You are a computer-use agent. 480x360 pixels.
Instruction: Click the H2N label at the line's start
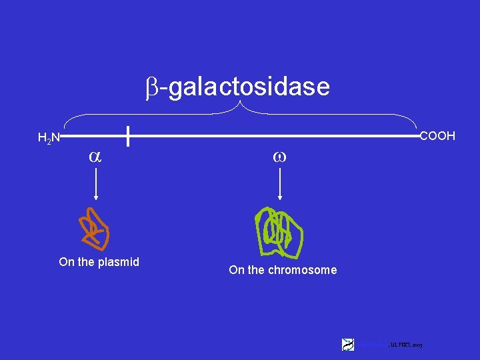[x=49, y=139]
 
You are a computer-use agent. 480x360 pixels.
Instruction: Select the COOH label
[x=437, y=136]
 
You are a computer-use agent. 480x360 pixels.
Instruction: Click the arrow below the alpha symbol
[x=97, y=184]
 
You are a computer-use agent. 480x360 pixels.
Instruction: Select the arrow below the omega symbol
[x=279, y=184]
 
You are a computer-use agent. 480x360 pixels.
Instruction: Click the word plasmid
[x=118, y=262]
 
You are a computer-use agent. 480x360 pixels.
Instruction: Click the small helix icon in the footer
[x=348, y=344]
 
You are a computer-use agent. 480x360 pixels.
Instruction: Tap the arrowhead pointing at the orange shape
[x=97, y=197]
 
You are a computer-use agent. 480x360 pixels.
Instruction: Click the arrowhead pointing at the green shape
[x=279, y=197]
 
